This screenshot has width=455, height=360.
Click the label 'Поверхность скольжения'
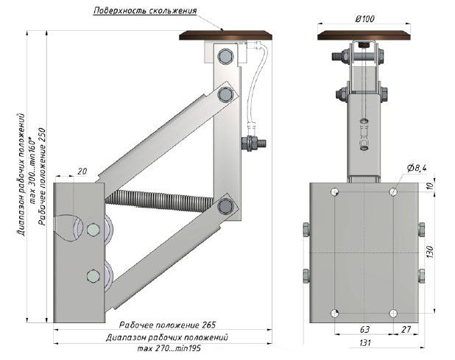pyautogui.click(x=145, y=11)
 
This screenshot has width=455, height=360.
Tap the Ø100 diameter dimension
pyautogui.click(x=364, y=19)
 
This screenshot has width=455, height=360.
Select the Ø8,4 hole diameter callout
pyautogui.click(x=417, y=168)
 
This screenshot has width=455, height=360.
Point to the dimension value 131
pyautogui.click(x=365, y=343)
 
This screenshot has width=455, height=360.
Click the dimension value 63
pyautogui.click(x=364, y=330)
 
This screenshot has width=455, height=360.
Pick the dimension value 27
pyautogui.click(x=406, y=330)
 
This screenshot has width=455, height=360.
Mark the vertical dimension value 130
pyautogui.click(x=429, y=252)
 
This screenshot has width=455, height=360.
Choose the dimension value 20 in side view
pyautogui.click(x=82, y=172)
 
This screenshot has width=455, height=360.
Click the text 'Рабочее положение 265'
pyautogui.click(x=167, y=325)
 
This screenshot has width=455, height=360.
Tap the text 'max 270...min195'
pyautogui.click(x=169, y=348)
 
